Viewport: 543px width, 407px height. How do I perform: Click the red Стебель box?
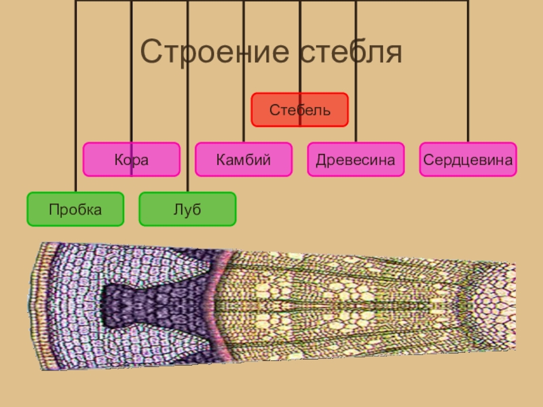299,110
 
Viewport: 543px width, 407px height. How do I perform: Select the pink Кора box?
131,159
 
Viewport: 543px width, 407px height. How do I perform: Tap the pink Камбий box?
243,159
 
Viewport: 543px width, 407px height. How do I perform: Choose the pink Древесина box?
355,159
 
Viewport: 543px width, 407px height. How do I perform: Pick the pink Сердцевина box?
468,159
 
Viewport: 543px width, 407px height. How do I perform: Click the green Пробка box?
75,209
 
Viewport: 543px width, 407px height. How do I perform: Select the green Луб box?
187,209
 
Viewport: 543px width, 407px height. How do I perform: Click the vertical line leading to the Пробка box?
75,102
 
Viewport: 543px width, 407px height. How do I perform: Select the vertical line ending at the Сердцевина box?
468,81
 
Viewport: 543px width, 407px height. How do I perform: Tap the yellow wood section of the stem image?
339,305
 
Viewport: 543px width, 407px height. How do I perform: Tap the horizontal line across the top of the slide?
271,1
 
